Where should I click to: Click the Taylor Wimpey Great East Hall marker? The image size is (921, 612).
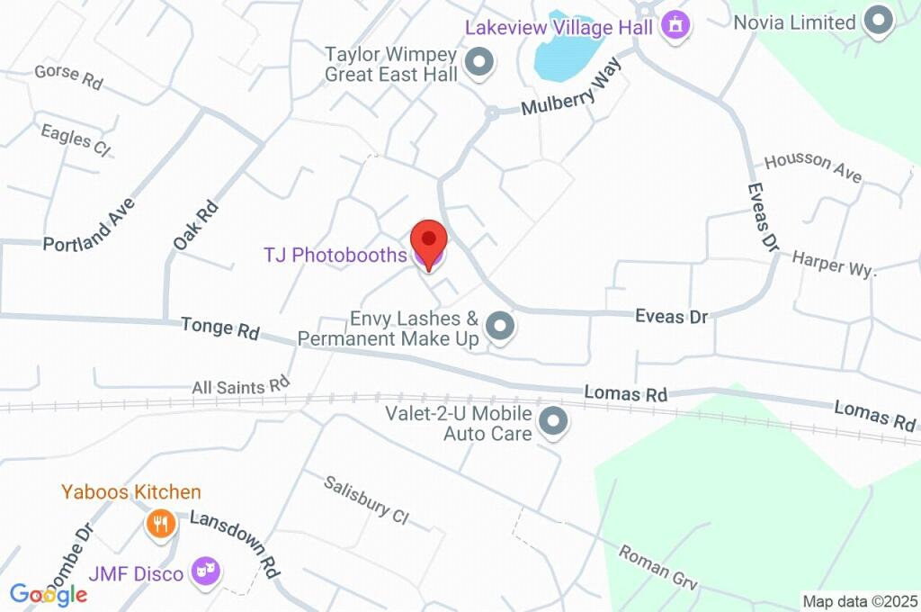(x=481, y=63)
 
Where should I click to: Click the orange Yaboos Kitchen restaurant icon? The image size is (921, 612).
(x=159, y=523)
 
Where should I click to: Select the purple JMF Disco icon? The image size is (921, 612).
(x=208, y=571)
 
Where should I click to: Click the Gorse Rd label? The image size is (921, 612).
(x=68, y=76)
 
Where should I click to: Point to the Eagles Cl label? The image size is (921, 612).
(x=75, y=140)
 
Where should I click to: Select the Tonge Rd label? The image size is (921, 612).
(x=219, y=328)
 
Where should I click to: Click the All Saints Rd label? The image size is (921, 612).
(x=240, y=387)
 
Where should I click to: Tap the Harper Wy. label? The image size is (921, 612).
(x=833, y=264)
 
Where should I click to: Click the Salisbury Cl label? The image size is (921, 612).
(x=367, y=499)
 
